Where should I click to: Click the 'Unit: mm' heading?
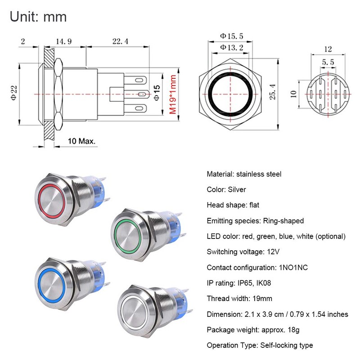pos(38,17)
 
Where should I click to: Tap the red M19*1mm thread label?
pos(172,95)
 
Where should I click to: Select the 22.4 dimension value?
pos(120,41)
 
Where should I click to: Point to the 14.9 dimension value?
pos(63,41)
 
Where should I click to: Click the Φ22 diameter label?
pos(13,94)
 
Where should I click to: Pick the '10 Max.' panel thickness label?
pos(81,141)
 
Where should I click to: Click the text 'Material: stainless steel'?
pos(244,174)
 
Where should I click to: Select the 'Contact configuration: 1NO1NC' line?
pos(257,267)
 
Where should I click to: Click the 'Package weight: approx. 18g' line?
pos(253,330)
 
